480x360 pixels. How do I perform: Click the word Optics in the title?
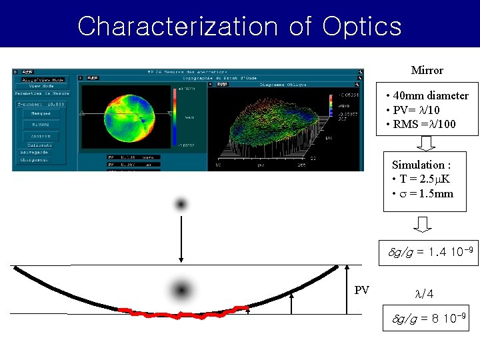[362, 26]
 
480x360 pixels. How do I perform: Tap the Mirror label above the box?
[427, 70]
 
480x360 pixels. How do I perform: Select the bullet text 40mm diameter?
[431, 95]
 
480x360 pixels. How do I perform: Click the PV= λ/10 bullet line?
[416, 110]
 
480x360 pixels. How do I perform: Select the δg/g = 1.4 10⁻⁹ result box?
[430, 252]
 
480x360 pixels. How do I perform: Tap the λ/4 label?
[424, 294]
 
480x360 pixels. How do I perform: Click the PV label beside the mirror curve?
[362, 290]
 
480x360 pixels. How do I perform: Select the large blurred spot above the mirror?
[181, 290]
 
